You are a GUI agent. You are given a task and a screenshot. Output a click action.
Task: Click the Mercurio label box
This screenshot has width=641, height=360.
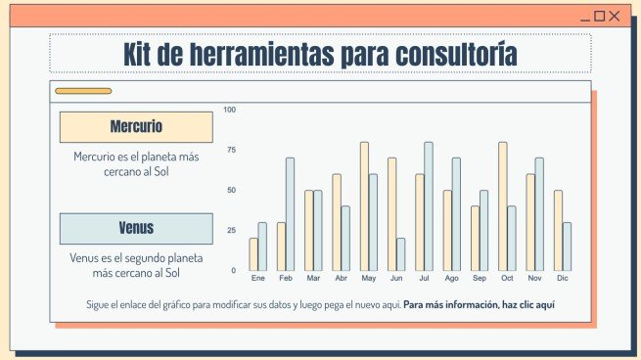136,127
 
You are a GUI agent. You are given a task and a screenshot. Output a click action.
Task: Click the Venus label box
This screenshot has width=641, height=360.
136,229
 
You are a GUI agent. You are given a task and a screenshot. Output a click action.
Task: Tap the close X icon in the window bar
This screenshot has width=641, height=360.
616,16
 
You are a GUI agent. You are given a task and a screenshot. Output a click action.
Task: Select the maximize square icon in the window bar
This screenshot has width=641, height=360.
600,16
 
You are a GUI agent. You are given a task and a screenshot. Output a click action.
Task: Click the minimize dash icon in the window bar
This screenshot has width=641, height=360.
585,17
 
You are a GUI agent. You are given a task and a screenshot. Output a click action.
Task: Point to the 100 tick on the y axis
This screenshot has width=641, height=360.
230,110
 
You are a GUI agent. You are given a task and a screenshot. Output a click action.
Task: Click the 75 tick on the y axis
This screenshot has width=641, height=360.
230,150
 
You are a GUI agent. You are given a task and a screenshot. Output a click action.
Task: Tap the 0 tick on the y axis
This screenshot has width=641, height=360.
233,270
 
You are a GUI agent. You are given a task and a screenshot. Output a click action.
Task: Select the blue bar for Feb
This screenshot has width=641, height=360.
290,214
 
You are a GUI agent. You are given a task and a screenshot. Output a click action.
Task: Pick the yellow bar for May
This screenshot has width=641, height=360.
364,206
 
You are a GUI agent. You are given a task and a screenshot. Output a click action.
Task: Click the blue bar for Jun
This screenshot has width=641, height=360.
400,254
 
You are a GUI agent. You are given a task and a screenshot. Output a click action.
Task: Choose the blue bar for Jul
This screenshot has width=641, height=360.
429,206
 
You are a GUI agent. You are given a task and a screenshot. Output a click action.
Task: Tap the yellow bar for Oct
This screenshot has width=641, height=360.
503,206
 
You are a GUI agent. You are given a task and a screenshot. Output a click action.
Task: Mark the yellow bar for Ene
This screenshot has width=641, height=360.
253,254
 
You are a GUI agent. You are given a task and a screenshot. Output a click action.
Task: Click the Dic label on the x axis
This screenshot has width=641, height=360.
563,279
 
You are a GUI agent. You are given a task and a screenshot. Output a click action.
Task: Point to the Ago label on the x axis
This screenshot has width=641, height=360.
451,279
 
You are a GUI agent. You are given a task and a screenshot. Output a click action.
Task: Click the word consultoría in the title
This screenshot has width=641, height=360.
444,54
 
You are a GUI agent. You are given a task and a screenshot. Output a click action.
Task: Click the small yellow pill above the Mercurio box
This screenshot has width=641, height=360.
83,91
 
